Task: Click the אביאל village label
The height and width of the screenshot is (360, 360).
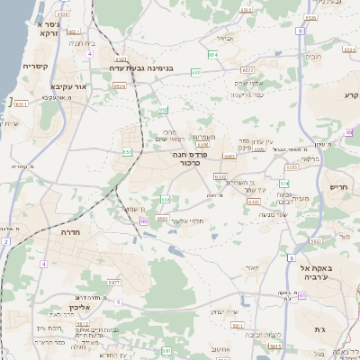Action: pos(224,39)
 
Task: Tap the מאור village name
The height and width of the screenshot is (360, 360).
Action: pos(251,268)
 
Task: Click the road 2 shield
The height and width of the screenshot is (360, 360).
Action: pos(4,242)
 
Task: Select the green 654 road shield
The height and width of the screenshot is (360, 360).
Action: pos(213,55)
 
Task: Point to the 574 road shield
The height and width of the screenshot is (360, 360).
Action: pos(283,183)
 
